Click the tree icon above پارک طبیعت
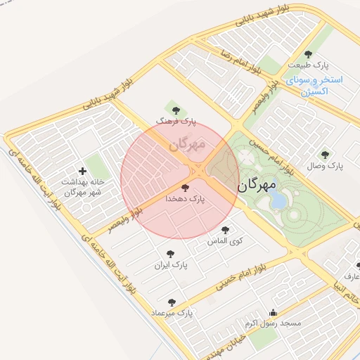tap(308, 54)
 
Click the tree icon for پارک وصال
tap(324, 155)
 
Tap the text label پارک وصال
tap(324, 167)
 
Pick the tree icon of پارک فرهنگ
tap(176, 110)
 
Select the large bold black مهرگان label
tap(258, 186)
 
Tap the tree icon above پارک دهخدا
tap(185, 188)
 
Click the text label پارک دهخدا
tap(185, 199)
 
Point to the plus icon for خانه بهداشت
tap(82, 171)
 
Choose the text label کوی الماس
tap(225, 241)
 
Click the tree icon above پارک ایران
tap(169, 254)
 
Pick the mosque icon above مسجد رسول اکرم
tap(273, 313)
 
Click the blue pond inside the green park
tap(279, 202)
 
